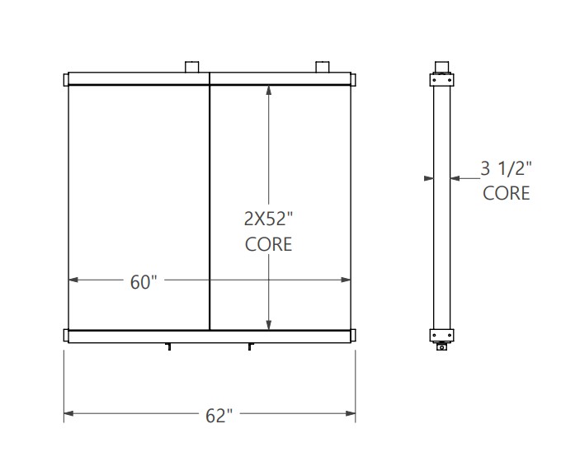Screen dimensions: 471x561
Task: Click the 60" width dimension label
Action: pyautogui.click(x=143, y=281)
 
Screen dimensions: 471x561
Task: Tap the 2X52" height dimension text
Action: pyautogui.click(x=269, y=220)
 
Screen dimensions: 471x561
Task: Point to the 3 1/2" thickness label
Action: pyautogui.click(x=506, y=169)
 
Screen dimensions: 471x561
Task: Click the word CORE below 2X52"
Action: pyautogui.click(x=269, y=245)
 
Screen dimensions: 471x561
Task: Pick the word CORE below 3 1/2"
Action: pyautogui.click(x=506, y=193)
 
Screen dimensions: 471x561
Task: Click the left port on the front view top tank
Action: pyautogui.click(x=192, y=66)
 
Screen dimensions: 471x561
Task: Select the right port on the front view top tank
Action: pyautogui.click(x=323, y=66)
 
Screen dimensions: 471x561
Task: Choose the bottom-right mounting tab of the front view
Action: pyautogui.click(x=353, y=336)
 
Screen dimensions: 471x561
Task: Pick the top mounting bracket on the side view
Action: pyautogui.click(x=441, y=81)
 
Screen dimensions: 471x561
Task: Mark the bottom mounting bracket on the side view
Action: pyautogui.click(x=441, y=335)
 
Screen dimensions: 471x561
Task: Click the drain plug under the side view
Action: pyautogui.click(x=442, y=347)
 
